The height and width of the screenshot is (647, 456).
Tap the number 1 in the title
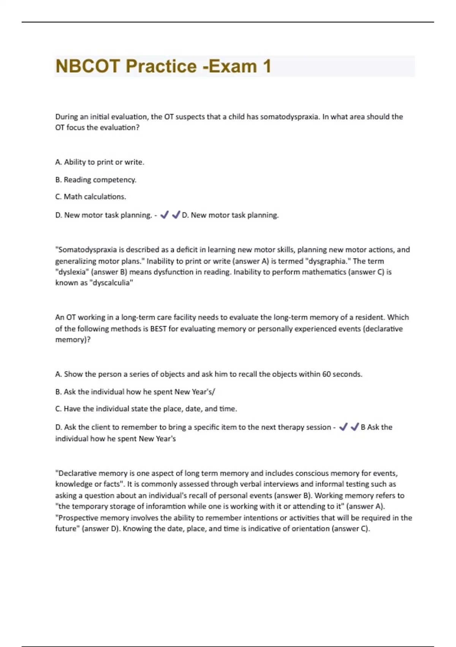click(x=267, y=66)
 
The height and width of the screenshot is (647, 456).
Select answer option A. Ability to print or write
click(x=100, y=162)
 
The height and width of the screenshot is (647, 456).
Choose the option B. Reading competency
click(x=96, y=180)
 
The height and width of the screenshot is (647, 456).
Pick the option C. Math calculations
click(x=90, y=197)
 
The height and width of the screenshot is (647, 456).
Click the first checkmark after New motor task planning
click(x=164, y=215)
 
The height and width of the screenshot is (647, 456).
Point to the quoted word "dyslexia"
click(x=72, y=272)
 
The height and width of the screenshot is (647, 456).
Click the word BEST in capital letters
click(x=158, y=328)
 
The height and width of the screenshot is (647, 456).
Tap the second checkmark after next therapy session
click(x=355, y=427)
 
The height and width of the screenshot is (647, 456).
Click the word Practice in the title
click(x=161, y=66)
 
